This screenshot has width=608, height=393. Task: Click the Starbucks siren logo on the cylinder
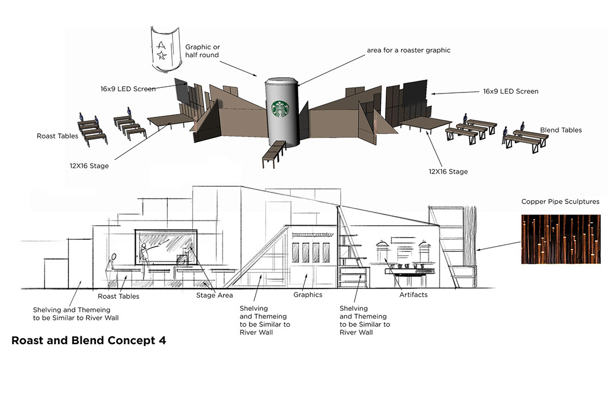pos(281,109)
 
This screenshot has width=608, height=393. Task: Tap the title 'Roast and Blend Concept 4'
pos(89,341)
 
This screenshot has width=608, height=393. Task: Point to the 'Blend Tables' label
pos(561,130)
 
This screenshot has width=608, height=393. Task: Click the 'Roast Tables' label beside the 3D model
pos(58,136)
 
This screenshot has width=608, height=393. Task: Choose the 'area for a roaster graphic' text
pos(408,50)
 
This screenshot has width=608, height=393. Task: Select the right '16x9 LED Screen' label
pos(510,91)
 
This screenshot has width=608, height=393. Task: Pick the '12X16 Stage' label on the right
pos(448,171)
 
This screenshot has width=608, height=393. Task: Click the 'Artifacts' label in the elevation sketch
pos(413,295)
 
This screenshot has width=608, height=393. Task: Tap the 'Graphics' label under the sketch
pos(307,295)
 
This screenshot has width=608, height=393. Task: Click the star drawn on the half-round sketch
pos(162,55)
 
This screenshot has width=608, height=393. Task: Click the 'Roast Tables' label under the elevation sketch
pos(118,296)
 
